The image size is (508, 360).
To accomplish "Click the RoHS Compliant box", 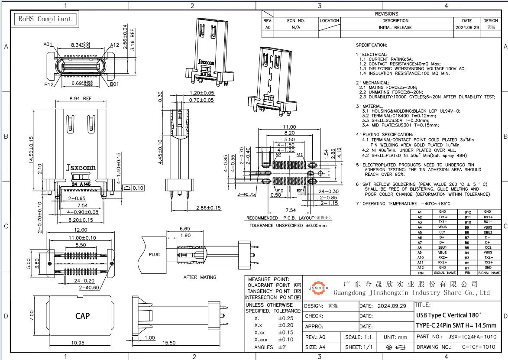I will pyautogui.click(x=44, y=19).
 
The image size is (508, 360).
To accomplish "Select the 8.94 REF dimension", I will pyautogui.click(x=81, y=99).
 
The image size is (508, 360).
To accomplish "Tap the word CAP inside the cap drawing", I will pyautogui.click(x=82, y=316).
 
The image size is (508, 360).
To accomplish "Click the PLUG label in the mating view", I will pyautogui.click(x=154, y=255).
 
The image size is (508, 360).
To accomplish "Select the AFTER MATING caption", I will pyautogui.click(x=200, y=277).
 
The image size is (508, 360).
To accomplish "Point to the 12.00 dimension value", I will pyautogui.click(x=81, y=230).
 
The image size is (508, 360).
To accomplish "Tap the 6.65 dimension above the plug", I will pyautogui.click(x=184, y=229).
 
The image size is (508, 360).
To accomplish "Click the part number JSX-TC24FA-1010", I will pyautogui.click(x=472, y=337).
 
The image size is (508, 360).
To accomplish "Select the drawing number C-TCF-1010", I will pyautogui.click(x=478, y=347).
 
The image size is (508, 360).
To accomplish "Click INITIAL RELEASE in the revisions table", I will pyautogui.click(x=395, y=27).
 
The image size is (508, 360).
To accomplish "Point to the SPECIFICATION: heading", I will pyautogui.click(x=371, y=45).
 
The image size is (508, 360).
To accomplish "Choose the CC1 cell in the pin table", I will pyautogui.click(x=442, y=232).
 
